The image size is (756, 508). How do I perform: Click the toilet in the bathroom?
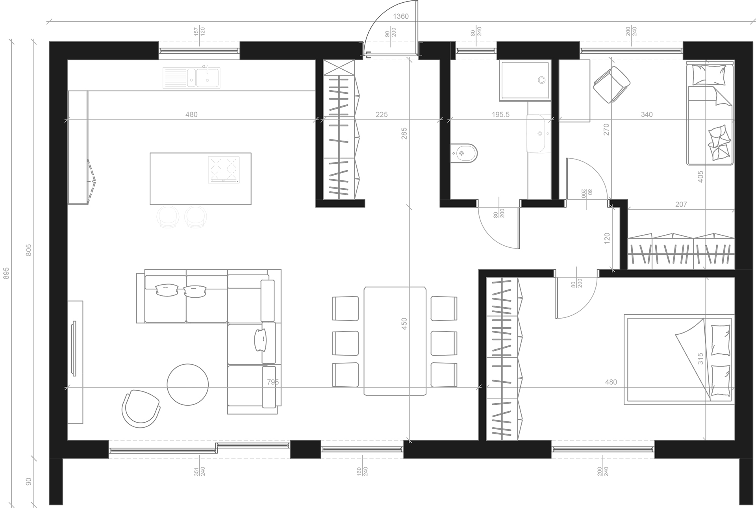(x=464, y=153)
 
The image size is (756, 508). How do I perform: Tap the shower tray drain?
(x=542, y=80)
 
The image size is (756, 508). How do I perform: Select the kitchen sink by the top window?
(x=191, y=78)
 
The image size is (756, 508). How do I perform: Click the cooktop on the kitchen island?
(x=224, y=170)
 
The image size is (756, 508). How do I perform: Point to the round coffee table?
(x=187, y=384)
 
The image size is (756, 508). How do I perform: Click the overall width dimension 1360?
(x=401, y=17)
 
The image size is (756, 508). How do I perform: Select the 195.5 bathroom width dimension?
(x=500, y=115)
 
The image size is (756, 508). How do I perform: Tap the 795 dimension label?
(x=273, y=382)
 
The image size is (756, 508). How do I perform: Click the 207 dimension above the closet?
(x=681, y=204)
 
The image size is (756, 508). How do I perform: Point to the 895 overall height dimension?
(x=6, y=273)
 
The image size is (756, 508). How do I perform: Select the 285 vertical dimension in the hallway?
(x=404, y=134)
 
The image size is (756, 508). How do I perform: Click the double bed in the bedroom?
(x=679, y=359)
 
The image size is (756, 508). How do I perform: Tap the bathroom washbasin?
(x=536, y=133)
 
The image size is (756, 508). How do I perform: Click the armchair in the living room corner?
(x=141, y=409)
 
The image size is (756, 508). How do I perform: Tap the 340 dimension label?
(x=647, y=115)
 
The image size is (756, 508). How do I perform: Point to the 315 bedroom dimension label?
(x=700, y=358)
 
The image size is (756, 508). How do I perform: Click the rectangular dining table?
(x=395, y=341)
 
